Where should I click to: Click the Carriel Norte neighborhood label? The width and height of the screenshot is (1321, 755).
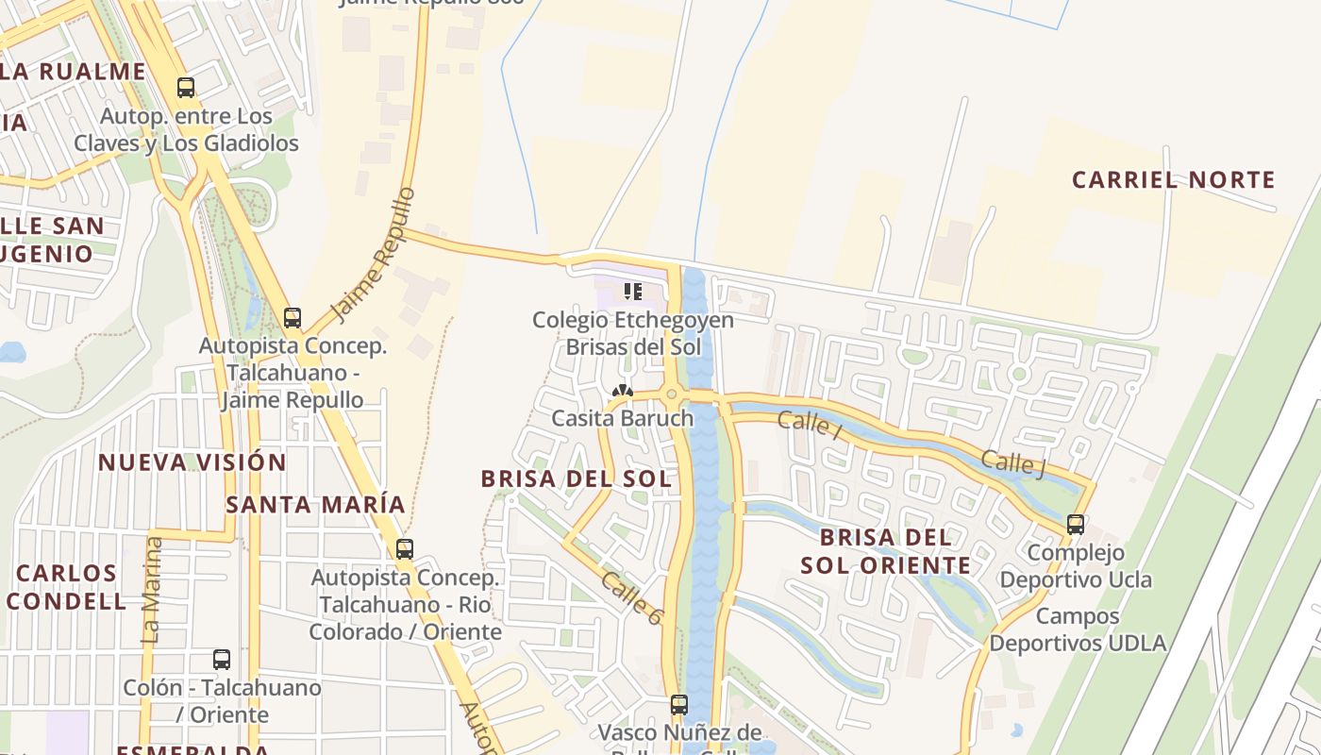pyautogui.click(x=1173, y=179)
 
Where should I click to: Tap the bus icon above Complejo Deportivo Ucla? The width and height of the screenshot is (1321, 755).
pyautogui.click(x=1075, y=525)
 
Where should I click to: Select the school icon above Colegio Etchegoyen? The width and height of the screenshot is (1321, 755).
pyautogui.click(x=632, y=291)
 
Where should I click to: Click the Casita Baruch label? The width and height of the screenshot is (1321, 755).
pyautogui.click(x=622, y=418)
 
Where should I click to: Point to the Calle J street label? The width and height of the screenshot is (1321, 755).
pyautogui.click(x=1012, y=463)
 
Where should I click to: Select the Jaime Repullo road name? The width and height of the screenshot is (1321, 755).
pyautogui.click(x=375, y=254)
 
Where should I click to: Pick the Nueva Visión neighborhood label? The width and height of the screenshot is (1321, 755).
pyautogui.click(x=192, y=462)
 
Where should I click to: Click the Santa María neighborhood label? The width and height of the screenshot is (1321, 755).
pyautogui.click(x=315, y=504)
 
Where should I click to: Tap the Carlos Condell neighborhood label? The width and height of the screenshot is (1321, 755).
pyautogui.click(x=66, y=587)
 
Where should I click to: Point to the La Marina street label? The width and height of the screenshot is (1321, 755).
pyautogui.click(x=152, y=590)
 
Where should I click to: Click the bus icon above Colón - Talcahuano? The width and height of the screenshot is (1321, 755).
pyautogui.click(x=222, y=660)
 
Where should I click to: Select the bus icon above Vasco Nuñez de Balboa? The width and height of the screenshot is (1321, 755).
pyautogui.click(x=678, y=704)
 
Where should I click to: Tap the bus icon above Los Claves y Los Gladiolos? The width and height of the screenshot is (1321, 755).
pyautogui.click(x=186, y=88)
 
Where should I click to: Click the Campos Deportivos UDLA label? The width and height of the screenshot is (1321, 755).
pyautogui.click(x=1078, y=629)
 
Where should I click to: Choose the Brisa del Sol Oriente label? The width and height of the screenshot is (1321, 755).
pyautogui.click(x=885, y=551)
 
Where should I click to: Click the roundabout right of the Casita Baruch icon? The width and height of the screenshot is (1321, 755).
pyautogui.click(x=672, y=394)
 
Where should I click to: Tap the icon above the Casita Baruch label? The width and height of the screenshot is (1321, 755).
pyautogui.click(x=622, y=392)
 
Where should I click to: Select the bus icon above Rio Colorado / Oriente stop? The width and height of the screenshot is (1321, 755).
pyautogui.click(x=405, y=548)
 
